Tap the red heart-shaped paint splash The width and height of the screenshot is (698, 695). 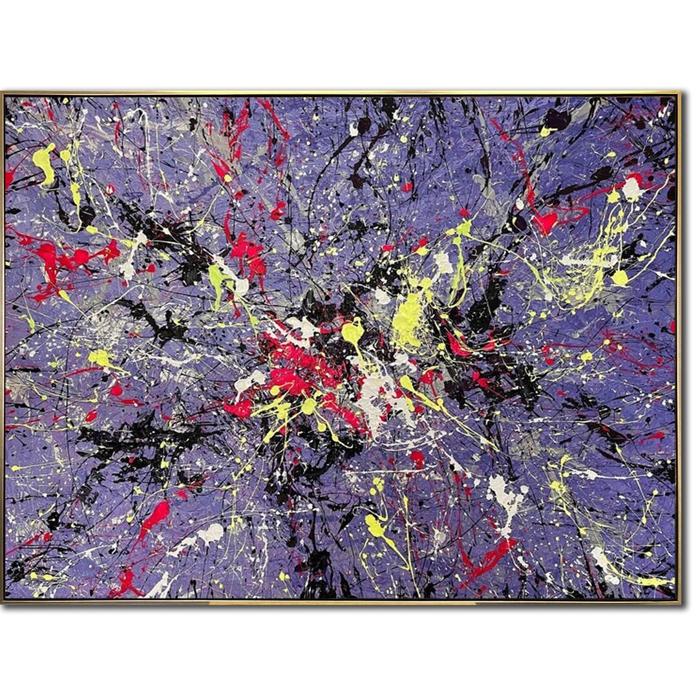545,222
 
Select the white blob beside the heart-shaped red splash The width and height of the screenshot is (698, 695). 631,187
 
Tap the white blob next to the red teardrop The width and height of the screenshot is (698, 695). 210,533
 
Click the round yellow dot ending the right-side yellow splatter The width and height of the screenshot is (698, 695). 620,277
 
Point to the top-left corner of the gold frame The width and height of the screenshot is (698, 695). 3,94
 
